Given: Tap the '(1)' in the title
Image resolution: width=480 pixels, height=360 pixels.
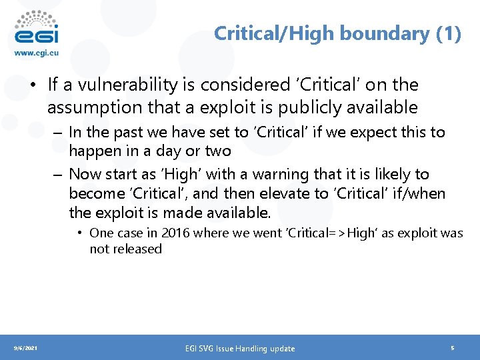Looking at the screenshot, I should click(x=448, y=33).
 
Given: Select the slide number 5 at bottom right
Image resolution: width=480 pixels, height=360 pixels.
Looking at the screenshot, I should click(x=453, y=348).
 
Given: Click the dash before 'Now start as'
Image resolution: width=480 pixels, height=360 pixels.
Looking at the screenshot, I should click(x=58, y=175).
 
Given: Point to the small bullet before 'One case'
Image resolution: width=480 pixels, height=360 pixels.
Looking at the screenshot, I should click(x=79, y=233).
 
